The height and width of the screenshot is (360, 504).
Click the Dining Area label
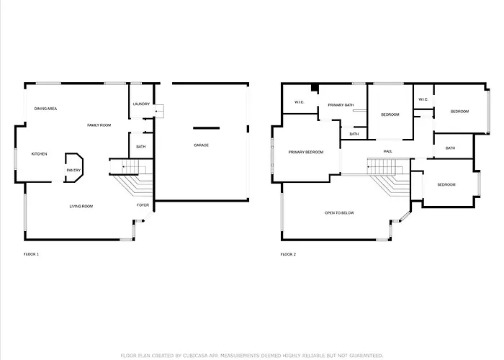point(45,109)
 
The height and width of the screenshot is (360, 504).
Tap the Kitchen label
point(39,154)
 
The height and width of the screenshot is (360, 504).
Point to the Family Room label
point(99,125)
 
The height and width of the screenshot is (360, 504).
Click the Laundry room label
point(141,104)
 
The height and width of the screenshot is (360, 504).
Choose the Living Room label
point(81,207)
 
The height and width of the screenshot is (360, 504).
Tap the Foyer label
point(143,205)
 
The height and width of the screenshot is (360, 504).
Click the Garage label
point(201,145)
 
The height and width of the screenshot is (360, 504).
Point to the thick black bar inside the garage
point(207,128)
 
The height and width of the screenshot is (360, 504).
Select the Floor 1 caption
point(31,254)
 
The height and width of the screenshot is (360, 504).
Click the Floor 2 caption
point(288,254)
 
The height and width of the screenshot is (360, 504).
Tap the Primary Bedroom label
point(306,152)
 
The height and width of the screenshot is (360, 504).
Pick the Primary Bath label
point(341,105)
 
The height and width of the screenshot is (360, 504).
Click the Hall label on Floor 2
point(388,151)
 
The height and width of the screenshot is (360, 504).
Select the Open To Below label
point(339,213)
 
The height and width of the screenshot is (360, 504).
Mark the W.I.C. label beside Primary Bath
point(300,102)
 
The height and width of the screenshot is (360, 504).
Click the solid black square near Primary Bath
point(315,88)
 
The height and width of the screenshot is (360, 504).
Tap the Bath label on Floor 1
point(141,147)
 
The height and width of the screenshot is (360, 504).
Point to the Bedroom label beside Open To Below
point(446,185)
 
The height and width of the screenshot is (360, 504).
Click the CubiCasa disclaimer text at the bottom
point(252,356)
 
